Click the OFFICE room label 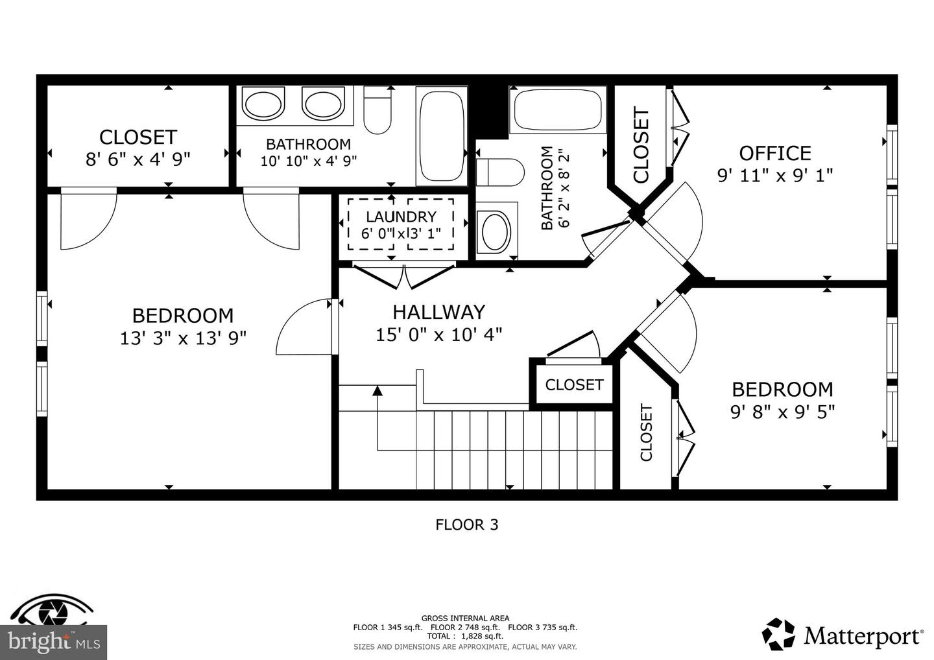pos(775,153)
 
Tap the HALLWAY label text pos(438,312)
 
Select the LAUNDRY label pos(401,217)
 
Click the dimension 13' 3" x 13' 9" pos(183,338)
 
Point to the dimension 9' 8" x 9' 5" pos(782,412)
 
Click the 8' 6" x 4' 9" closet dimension pos(138,159)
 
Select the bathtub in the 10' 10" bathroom pos(442,137)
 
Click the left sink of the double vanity pos(263,104)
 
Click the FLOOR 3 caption pos(466,524)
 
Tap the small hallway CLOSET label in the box pos(574,385)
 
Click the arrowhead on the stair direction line pos(377,390)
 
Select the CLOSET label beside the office pos(641,146)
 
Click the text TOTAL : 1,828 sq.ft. pos(465,636)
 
